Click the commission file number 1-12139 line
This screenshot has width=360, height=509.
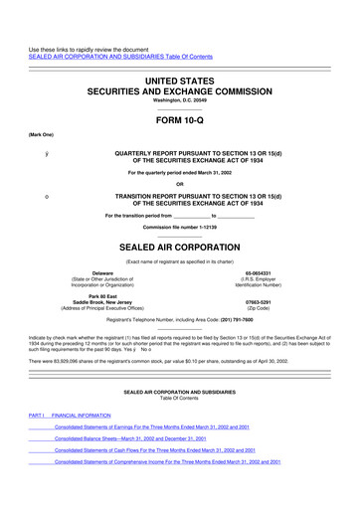(179, 227)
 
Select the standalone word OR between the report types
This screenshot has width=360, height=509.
(179, 182)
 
